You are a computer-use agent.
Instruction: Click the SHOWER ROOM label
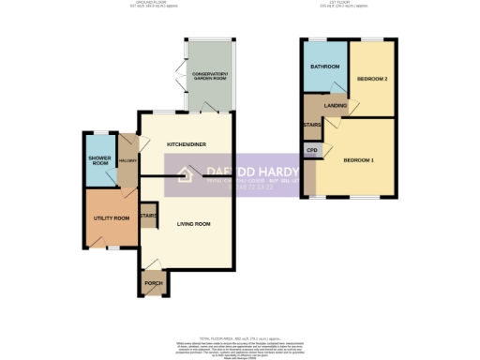coord(98,161)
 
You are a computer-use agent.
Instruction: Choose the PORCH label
coord(153,284)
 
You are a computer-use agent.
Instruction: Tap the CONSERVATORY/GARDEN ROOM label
coord(210,78)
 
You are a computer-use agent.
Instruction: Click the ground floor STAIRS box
coord(148,216)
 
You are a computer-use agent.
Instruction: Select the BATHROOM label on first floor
coord(324,67)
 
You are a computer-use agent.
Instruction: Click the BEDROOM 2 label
coord(372,79)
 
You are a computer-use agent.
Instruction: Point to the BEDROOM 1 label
coord(359,161)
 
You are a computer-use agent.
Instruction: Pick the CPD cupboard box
coord(311,150)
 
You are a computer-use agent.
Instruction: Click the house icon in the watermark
coord(186,172)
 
